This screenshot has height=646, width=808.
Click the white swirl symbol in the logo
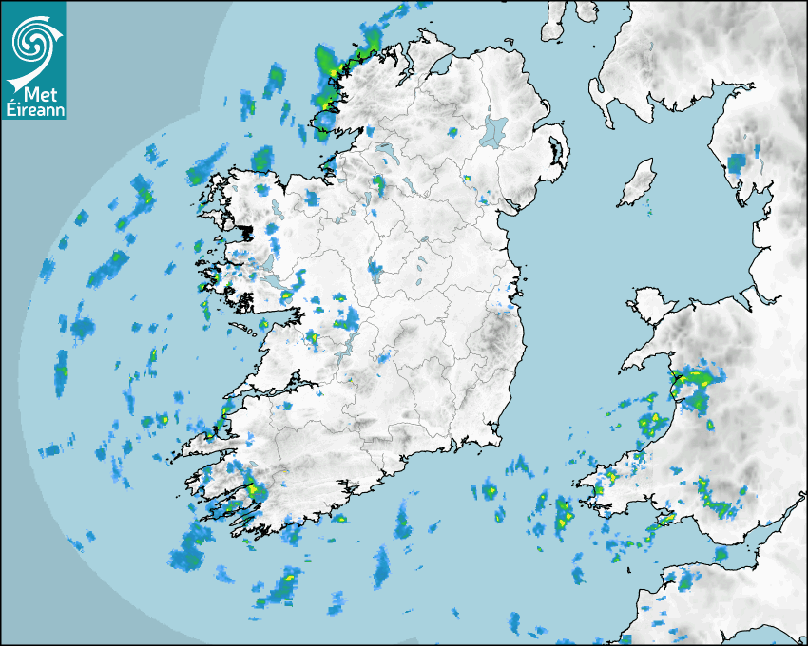(34, 41)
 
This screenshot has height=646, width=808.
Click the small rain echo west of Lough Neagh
(452, 131)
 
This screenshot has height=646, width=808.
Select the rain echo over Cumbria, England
(738, 162)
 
